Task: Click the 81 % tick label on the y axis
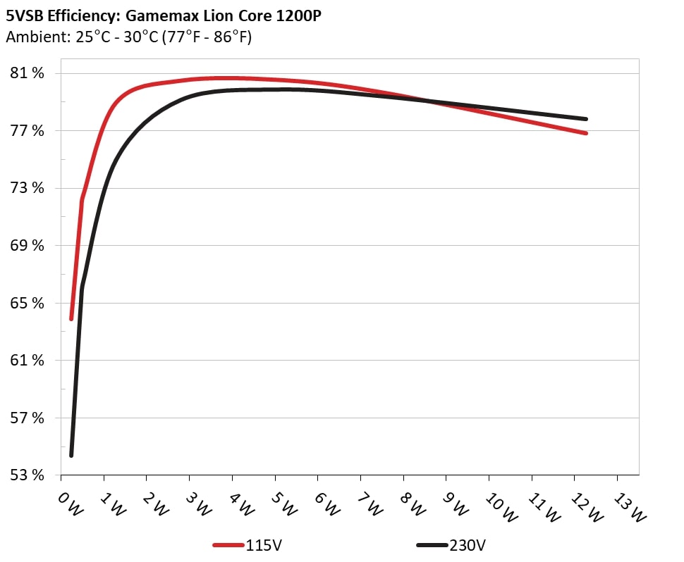27,73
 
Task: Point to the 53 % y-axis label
27,475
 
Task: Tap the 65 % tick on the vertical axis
27,303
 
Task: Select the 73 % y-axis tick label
27,188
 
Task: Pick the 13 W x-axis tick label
628,506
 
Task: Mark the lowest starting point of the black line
71,455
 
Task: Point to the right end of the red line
586,133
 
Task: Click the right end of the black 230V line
586,119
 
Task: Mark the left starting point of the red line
71,318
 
